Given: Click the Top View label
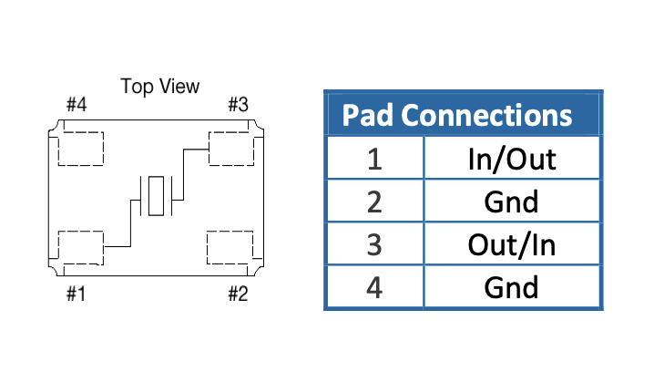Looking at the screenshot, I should (159, 87).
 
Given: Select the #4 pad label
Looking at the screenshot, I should (77, 105).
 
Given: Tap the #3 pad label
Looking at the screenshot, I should (237, 105).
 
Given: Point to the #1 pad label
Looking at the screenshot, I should (77, 294).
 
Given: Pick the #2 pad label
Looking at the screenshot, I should (237, 294).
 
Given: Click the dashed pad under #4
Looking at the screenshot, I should (80, 148).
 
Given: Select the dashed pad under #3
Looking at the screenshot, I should (230, 148).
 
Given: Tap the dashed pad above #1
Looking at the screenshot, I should (80, 246).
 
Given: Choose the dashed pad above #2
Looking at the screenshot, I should (230, 246).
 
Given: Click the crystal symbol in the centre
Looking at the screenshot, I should (157, 196).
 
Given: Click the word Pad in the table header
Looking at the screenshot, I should (368, 116).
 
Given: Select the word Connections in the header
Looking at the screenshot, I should (487, 116).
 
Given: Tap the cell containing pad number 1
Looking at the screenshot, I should (374, 159).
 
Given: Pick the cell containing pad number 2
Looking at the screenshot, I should (374, 201).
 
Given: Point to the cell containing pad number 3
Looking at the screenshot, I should (374, 244).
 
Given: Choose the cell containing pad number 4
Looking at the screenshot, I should (374, 287).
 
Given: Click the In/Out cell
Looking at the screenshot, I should (511, 159).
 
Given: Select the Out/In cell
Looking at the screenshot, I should (511, 244).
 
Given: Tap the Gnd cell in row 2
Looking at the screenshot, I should (511, 201).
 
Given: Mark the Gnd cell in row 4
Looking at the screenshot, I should (511, 287).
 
